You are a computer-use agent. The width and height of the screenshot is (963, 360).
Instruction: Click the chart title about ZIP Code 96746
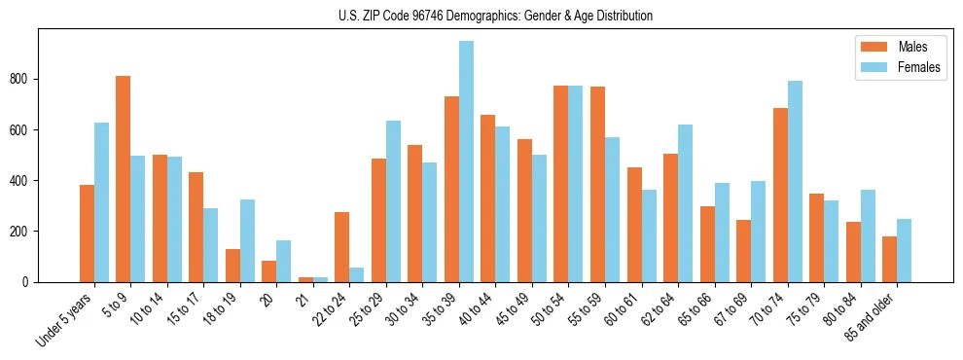click(x=481, y=16)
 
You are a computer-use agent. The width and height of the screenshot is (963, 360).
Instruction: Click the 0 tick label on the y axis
click(x=28, y=281)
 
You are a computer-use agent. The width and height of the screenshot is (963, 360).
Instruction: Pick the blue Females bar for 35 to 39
click(x=466, y=162)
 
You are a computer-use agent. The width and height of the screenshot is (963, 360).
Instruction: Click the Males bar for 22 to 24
click(x=342, y=247)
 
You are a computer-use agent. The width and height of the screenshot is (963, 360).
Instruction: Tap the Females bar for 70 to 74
click(x=795, y=181)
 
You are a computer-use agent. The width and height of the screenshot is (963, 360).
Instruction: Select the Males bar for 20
click(x=269, y=271)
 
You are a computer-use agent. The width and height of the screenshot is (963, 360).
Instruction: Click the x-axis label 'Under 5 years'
click(x=66, y=318)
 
